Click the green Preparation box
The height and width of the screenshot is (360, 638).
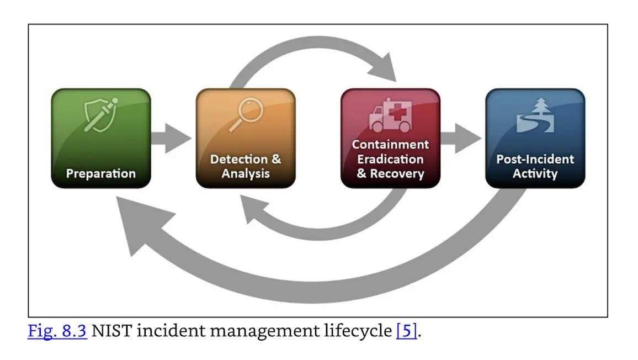coord(100,138)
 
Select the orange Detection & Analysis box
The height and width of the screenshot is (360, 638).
coord(246,138)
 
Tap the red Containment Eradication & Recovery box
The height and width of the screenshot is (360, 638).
coord(390,138)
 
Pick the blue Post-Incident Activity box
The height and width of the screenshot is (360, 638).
coord(535,138)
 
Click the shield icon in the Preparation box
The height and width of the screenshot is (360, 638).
coord(100,114)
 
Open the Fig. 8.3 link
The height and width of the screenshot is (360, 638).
coord(57,332)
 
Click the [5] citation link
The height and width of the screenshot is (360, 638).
coord(406,332)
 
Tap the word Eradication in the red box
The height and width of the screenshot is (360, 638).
coord(390,159)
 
